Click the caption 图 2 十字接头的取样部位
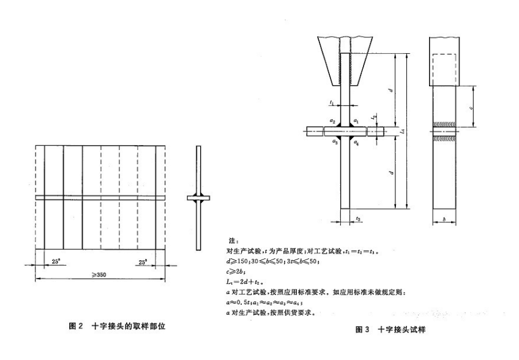click(x=116, y=326)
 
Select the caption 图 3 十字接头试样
click(x=390, y=330)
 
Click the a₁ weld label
click(x=356, y=121)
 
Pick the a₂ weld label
click(x=332, y=121)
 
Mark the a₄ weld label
click(x=356, y=142)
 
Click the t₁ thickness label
click(x=330, y=103)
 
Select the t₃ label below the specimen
click(x=358, y=219)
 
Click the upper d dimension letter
click(x=390, y=90)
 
